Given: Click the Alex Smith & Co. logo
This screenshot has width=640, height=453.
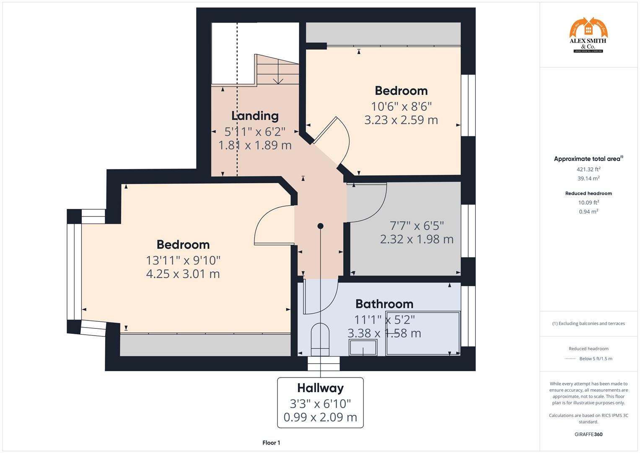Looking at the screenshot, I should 588,35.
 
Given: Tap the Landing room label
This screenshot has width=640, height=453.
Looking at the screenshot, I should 255,116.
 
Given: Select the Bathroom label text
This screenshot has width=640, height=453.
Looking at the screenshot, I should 384,304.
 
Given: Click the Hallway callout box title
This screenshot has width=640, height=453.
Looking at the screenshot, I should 320,388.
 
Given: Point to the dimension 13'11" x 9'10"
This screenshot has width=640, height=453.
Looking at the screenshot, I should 183,260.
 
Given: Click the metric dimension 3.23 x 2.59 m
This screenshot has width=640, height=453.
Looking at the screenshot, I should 401,120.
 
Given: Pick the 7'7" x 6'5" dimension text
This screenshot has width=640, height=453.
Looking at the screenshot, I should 417,226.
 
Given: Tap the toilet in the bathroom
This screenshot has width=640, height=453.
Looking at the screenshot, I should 320,338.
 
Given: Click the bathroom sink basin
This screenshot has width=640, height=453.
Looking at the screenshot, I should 363,348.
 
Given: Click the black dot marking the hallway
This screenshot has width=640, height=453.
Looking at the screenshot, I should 320,226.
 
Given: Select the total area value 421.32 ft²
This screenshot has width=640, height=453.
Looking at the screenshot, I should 588,169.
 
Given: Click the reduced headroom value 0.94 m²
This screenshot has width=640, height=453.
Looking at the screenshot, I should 588,212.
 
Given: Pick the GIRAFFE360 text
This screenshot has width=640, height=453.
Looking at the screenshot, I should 588,434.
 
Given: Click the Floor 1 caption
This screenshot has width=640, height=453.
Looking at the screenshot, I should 271,443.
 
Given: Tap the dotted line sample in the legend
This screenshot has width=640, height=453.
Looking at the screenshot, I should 570,359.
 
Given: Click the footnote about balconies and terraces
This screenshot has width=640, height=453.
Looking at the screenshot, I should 588,323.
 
